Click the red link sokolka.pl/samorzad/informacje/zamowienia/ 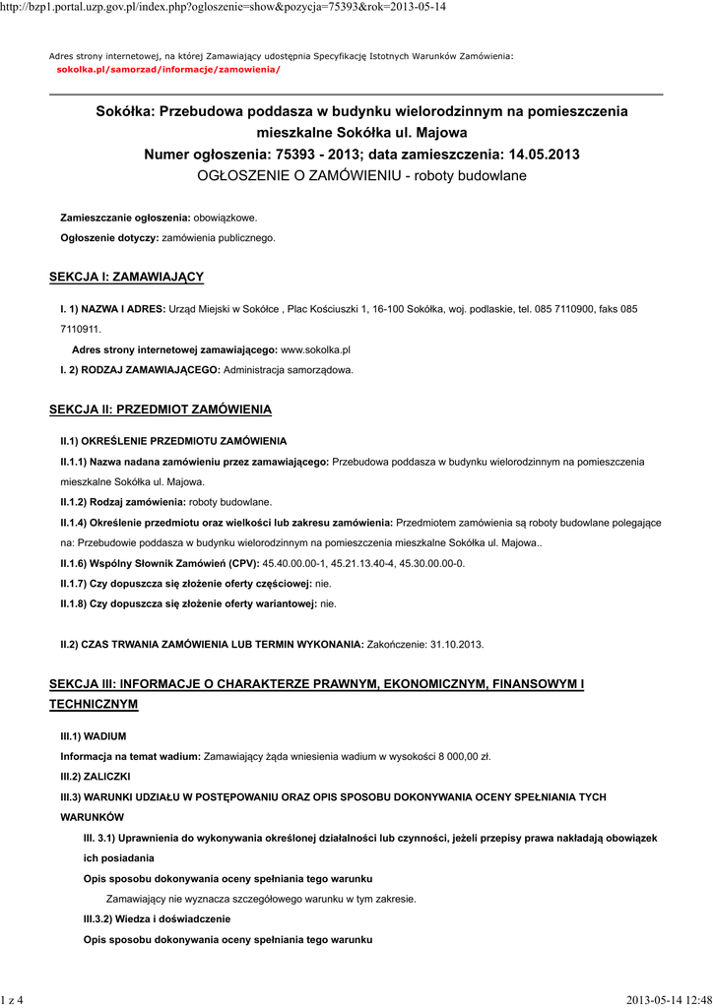click(168, 70)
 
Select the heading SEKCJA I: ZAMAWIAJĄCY click(126, 278)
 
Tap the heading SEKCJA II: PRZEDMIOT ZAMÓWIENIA click(161, 409)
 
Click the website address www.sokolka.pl click(316, 349)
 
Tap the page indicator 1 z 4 click(13, 1000)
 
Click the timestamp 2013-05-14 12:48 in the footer click(668, 1000)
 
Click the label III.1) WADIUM click(94, 735)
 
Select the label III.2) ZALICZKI click(97, 776)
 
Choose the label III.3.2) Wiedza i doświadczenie click(157, 918)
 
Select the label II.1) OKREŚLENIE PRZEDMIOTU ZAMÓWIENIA click(173, 440)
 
